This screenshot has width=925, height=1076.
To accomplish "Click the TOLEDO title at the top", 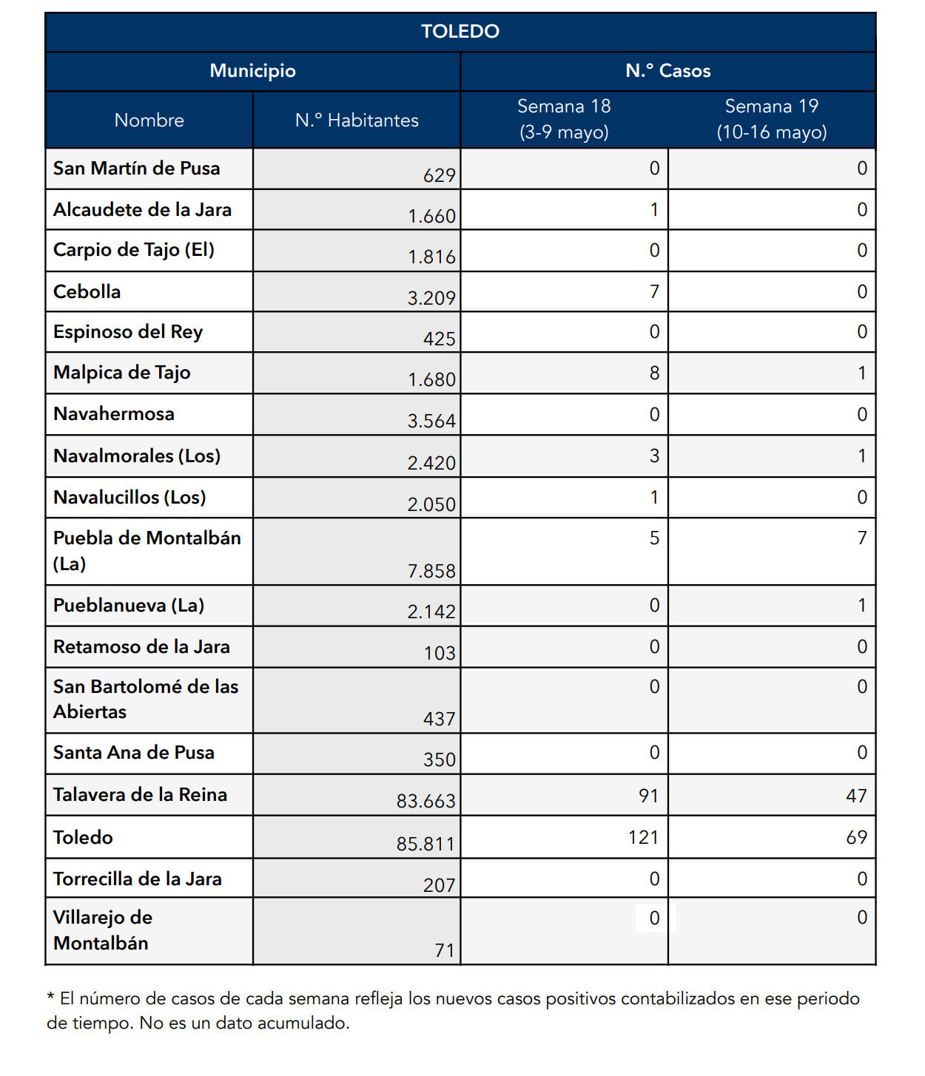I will (x=460, y=32).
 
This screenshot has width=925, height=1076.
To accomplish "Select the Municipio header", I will (x=252, y=71).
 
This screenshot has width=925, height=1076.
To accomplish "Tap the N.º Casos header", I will (x=667, y=71).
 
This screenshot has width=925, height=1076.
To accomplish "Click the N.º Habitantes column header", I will (x=357, y=121).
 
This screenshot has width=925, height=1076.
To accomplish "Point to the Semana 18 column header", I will (x=564, y=119).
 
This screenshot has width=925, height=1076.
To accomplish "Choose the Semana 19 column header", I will (x=771, y=119).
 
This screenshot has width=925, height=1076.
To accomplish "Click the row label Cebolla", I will (x=87, y=292).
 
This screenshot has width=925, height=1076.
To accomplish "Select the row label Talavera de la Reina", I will (x=140, y=795).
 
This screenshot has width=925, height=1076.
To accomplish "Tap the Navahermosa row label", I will (x=114, y=414).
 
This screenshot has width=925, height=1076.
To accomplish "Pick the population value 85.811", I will (x=425, y=844).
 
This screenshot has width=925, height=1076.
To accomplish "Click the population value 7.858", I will (x=431, y=571).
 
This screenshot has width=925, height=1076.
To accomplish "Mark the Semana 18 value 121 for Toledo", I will (x=643, y=837).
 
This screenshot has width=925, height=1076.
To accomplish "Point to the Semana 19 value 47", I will (x=856, y=796).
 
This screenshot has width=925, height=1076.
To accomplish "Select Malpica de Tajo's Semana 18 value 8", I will (x=654, y=373).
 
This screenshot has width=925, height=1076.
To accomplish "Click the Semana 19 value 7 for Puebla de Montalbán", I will (x=861, y=538).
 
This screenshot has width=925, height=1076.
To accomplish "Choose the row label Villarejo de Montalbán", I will (x=102, y=930).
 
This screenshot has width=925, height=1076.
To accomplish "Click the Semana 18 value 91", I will (x=648, y=796).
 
